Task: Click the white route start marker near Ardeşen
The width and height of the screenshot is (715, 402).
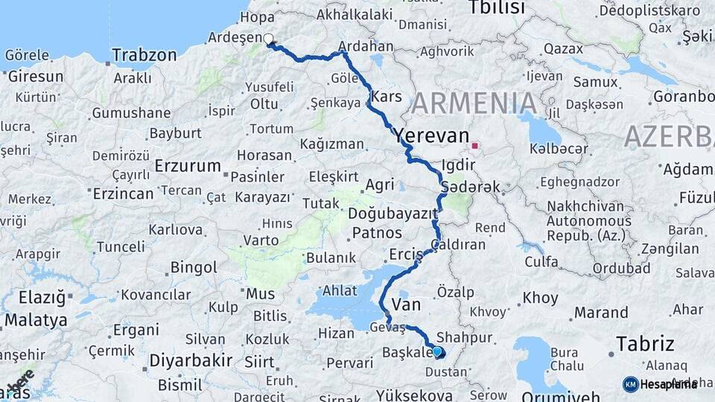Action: coord(268,39)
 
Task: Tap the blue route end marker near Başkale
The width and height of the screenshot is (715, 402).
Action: coord(437,351)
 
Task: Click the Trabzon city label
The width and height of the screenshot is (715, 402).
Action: coord(144,55)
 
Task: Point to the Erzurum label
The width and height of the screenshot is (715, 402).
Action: coord(188,166)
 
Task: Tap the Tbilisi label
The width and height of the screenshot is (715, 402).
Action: coord(497,8)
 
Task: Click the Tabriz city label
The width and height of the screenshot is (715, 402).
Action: coord(645,344)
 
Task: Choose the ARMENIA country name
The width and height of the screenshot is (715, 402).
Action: coord(474,103)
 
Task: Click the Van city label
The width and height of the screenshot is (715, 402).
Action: coord(407,304)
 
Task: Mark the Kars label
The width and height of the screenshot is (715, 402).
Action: coord(386,97)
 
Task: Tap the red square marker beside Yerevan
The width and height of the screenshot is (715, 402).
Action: coord(474,145)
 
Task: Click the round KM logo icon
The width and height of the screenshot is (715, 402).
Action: coord(630,384)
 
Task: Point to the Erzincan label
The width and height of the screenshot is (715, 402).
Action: coord(123,194)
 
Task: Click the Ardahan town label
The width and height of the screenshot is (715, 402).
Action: coord(366,46)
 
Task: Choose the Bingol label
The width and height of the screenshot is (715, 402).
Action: coord(194,267)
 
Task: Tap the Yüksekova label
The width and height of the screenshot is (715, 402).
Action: coord(414,395)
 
